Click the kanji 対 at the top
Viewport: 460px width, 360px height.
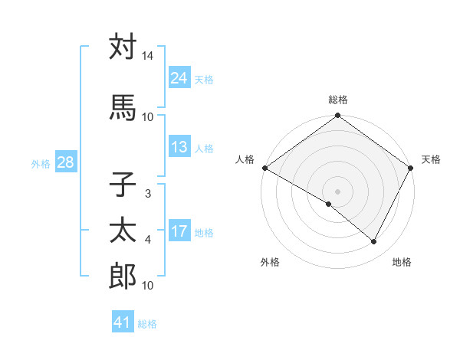point(123,47)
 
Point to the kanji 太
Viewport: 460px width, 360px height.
point(123,231)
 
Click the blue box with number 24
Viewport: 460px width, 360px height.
point(179,77)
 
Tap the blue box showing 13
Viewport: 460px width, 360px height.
point(179,147)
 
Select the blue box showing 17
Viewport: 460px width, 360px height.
point(179,231)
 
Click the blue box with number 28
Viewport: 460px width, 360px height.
point(65,162)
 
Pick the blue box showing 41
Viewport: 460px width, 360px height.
point(123,322)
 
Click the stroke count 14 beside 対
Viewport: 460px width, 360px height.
point(148,57)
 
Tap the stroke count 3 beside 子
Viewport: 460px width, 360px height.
point(147,194)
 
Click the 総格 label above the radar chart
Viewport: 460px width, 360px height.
point(338,100)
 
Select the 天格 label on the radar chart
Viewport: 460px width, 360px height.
point(432,159)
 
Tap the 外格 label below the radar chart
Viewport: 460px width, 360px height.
point(270,262)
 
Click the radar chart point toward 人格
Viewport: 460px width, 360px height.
point(264,168)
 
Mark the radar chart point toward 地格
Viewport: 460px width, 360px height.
point(374,241)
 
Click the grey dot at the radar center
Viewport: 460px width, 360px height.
point(337,191)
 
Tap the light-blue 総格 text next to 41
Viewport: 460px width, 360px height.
point(148,324)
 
